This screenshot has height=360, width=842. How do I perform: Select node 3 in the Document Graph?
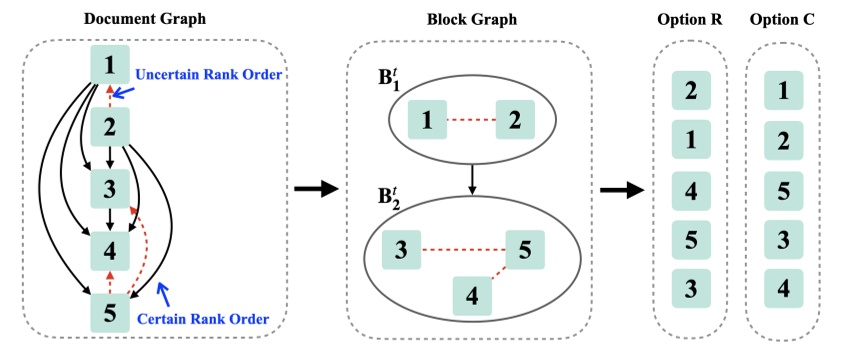(x=111, y=188)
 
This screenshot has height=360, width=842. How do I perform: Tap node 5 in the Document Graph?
(x=111, y=311)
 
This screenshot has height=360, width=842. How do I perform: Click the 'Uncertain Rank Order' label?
(x=202, y=74)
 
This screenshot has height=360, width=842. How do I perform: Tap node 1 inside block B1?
(x=427, y=121)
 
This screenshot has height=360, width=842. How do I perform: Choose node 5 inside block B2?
(x=524, y=249)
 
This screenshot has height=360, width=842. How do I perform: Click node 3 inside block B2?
(x=401, y=249)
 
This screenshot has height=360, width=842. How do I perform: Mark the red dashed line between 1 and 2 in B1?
(x=471, y=122)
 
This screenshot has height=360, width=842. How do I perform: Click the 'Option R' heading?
(x=690, y=19)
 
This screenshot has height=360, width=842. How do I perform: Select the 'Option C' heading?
(x=784, y=19)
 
